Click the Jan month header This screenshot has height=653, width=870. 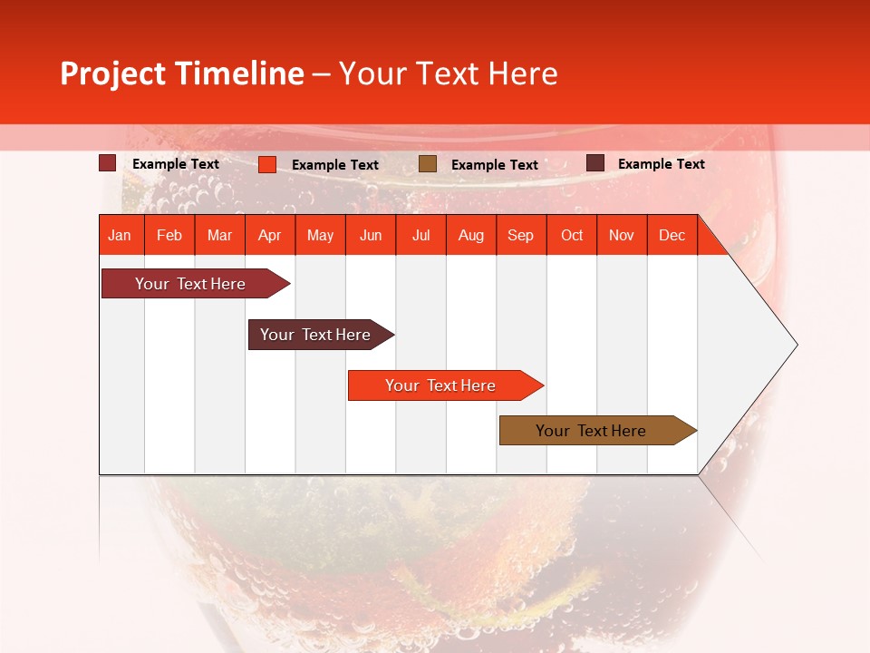(120, 235)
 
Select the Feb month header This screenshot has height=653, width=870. (169, 235)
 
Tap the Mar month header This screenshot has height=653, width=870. (219, 235)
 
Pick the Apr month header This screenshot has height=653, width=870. (269, 235)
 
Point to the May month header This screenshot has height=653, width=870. (320, 235)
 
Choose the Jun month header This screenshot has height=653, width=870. (371, 235)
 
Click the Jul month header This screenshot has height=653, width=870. (420, 235)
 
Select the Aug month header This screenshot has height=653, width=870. (471, 235)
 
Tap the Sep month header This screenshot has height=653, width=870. (521, 235)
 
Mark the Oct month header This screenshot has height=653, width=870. (572, 235)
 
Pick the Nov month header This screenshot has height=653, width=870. (622, 235)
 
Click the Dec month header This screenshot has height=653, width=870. (672, 235)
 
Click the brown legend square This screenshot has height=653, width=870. (428, 164)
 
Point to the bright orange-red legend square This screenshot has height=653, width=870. (267, 164)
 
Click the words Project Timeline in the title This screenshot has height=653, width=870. (181, 73)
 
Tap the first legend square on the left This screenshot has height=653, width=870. (108, 163)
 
